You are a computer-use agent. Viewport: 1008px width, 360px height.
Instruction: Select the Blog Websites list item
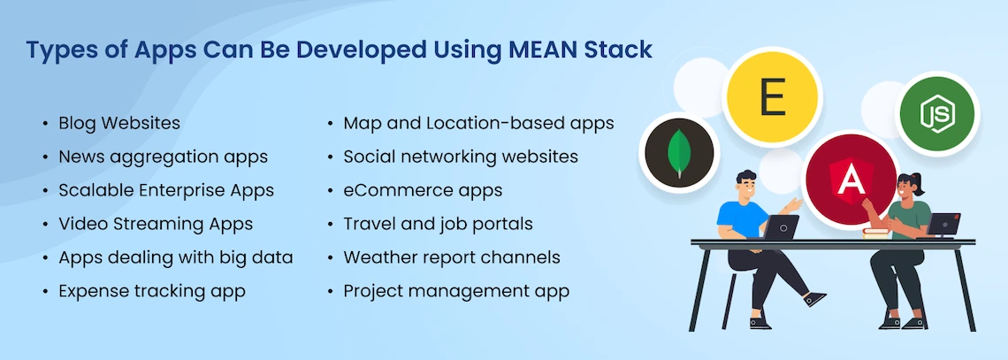tap(119, 123)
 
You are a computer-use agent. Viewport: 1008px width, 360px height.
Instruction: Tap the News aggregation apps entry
tap(163, 157)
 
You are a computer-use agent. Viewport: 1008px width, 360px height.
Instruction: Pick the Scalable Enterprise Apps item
tap(166, 190)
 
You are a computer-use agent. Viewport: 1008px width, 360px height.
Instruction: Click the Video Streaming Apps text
tap(156, 224)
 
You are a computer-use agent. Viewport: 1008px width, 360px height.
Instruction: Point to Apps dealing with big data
tap(175, 257)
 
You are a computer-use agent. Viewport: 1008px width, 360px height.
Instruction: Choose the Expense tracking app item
tap(151, 291)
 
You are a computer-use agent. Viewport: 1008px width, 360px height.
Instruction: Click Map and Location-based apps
tap(478, 123)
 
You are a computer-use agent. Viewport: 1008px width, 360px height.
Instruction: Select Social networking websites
tap(461, 157)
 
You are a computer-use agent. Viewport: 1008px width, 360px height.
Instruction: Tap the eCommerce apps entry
tap(423, 190)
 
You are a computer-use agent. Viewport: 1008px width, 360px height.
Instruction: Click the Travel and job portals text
tap(438, 224)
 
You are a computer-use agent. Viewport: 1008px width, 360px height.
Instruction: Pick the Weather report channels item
tap(452, 257)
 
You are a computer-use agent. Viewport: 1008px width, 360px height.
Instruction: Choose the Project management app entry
tap(456, 291)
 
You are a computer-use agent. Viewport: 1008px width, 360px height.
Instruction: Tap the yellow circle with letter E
tap(773, 98)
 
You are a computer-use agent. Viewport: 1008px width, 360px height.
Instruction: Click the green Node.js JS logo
tap(936, 114)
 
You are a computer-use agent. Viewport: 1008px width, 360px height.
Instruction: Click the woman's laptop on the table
tap(943, 225)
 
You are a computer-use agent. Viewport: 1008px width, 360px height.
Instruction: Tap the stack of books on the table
tap(874, 234)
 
